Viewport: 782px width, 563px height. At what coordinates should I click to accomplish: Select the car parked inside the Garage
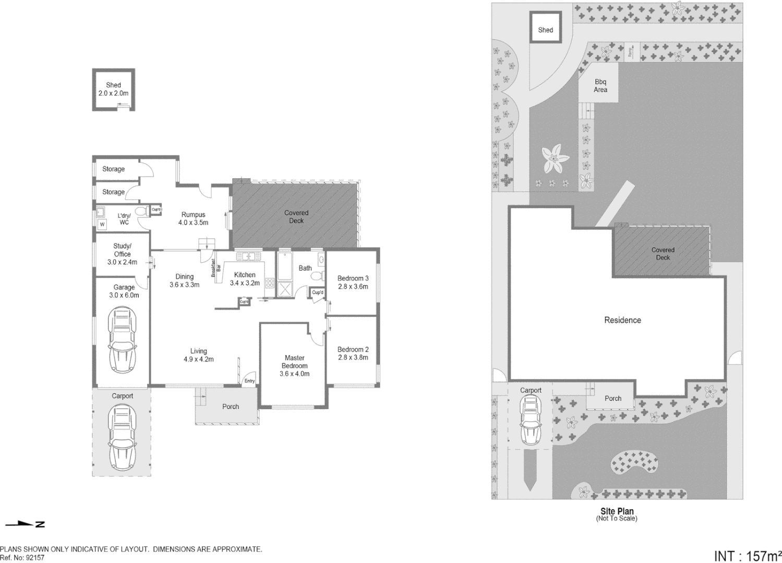(122, 339)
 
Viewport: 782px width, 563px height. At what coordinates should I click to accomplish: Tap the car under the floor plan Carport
(122, 437)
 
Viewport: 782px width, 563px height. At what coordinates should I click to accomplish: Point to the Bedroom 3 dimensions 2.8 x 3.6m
(353, 287)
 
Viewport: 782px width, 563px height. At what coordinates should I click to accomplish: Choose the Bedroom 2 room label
(353, 349)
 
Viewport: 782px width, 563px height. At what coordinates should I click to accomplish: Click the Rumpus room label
(193, 214)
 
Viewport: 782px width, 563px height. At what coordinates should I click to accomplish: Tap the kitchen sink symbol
(248, 256)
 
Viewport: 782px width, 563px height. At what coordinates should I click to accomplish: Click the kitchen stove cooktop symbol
(270, 284)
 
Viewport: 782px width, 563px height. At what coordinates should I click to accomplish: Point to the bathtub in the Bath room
(285, 266)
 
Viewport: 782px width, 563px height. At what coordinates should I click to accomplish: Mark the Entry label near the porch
(250, 381)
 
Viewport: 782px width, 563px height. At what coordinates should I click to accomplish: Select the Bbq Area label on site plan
(600, 85)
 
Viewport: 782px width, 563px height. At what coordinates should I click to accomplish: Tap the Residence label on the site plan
(622, 320)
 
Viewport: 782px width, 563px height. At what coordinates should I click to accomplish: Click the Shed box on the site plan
(546, 30)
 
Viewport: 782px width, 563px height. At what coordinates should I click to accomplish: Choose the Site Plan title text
(617, 511)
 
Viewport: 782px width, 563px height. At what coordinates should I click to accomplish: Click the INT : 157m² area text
(747, 556)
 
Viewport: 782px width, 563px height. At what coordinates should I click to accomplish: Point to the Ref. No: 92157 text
(22, 558)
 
